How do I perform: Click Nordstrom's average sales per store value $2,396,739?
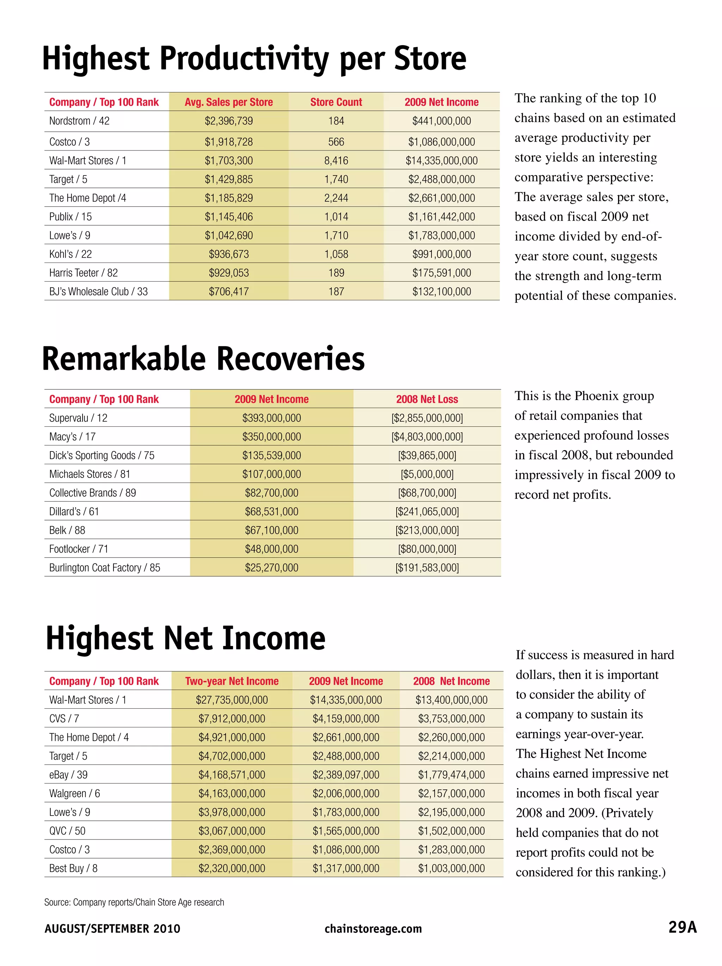click(x=228, y=121)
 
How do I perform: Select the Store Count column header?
click(x=336, y=102)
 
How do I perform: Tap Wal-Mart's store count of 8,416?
click(x=336, y=161)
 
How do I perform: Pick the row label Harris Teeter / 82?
click(x=84, y=273)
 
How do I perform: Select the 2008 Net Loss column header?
click(x=427, y=399)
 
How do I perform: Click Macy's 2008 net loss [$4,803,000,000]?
click(x=427, y=437)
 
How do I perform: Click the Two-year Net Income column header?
click(x=232, y=681)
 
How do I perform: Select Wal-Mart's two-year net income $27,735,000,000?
click(x=232, y=700)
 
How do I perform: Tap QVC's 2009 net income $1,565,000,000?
click(x=345, y=831)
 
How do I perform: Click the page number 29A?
click(x=682, y=928)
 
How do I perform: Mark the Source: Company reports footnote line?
click(x=134, y=902)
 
